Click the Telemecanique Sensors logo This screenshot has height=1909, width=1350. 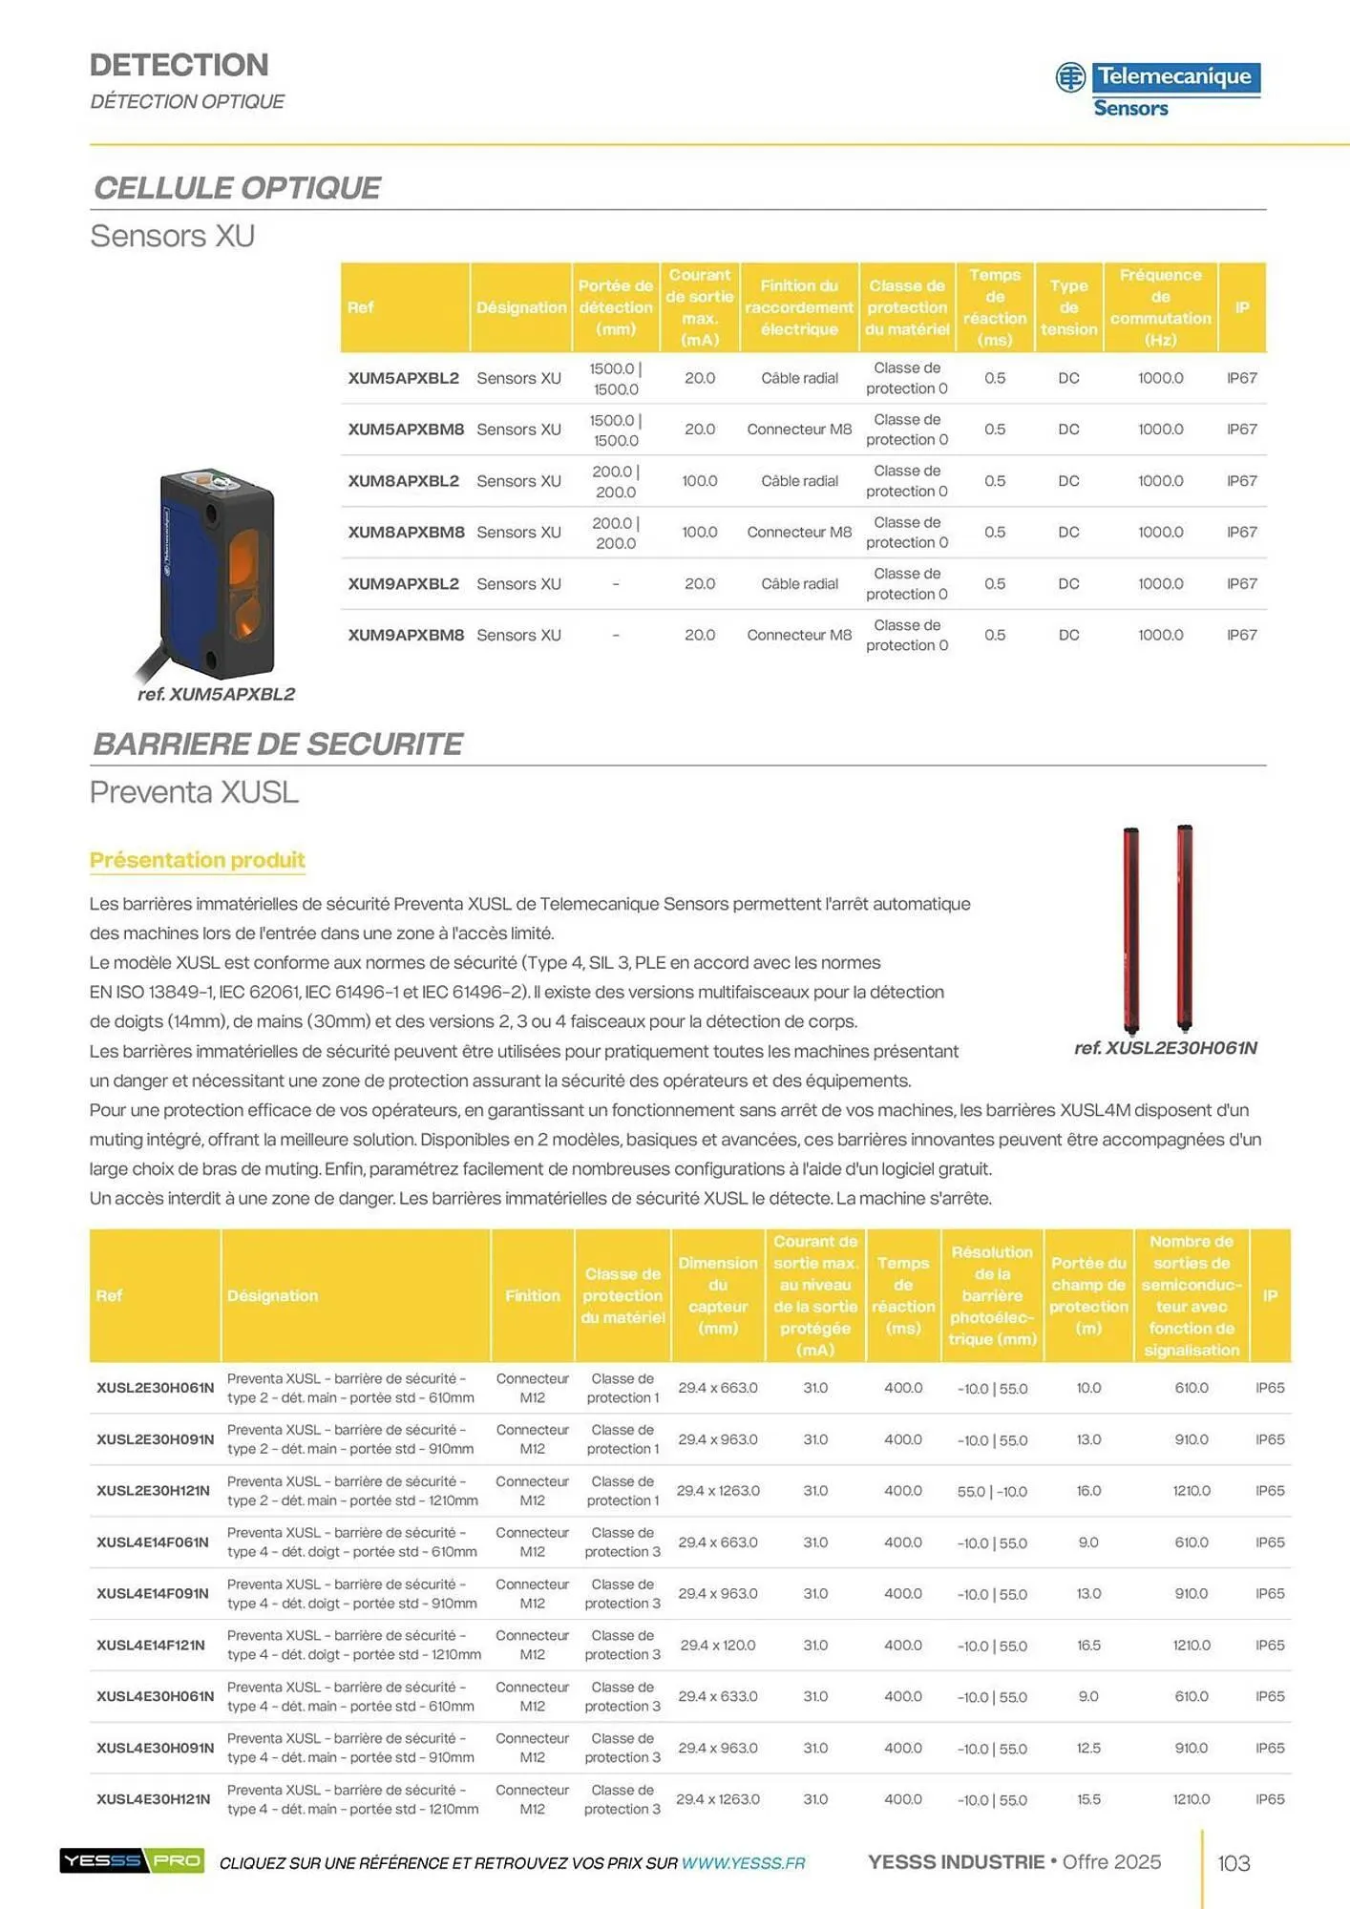point(1157,90)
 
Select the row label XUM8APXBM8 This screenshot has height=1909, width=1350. point(406,533)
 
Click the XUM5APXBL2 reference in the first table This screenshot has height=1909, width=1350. point(403,378)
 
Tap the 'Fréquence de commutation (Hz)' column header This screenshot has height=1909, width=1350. point(1160,307)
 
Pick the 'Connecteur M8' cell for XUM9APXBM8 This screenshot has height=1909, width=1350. point(799,636)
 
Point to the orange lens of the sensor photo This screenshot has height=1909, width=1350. point(243,557)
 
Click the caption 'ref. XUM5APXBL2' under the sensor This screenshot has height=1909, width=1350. point(216,695)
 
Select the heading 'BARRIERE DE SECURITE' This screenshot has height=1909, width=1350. point(278,745)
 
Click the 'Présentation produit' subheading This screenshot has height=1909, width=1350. point(198,860)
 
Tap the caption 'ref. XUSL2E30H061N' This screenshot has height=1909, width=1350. point(1165,1048)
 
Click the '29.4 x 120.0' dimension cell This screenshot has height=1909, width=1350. point(718,1646)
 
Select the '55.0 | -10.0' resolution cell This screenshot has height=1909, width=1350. point(992,1492)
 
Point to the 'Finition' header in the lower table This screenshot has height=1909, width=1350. point(533,1296)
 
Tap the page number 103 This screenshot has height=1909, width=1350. point(1234,1863)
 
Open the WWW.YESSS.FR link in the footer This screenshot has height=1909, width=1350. point(743,1863)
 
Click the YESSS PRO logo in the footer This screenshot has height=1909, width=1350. point(132,1861)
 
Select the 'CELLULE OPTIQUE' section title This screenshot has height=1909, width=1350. point(238,188)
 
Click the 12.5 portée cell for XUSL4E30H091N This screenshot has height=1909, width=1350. point(1088,1749)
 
